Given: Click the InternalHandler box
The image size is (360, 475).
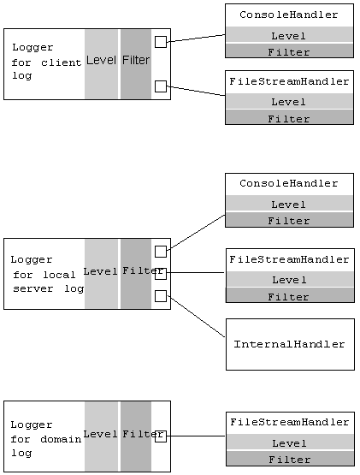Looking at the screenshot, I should coord(290,344).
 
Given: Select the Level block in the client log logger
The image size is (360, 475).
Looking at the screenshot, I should coord(101,63).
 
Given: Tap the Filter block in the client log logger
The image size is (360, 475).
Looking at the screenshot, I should coord(135,63).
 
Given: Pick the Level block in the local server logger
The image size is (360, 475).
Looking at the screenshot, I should coord(101,273).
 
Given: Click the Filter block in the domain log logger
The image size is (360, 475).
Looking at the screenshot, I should coord(135,436).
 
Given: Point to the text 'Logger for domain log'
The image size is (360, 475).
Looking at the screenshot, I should coord(44,438).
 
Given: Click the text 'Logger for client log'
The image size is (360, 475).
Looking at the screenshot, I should coord(45,62).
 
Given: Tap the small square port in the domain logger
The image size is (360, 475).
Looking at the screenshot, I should coord(161,436).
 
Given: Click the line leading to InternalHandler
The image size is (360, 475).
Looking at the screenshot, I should coord(197,316).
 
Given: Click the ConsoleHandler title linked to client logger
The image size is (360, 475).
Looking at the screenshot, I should coord(289,15).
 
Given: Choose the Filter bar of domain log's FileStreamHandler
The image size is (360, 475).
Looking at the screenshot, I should coord(289,460).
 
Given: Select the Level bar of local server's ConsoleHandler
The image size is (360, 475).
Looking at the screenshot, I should coord(289,205).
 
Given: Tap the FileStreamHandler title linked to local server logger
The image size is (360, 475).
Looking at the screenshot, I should coord(290,259).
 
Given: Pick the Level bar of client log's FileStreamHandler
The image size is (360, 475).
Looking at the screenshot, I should coord(289,102).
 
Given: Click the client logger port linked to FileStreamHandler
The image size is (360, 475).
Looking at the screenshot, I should coord(161,86).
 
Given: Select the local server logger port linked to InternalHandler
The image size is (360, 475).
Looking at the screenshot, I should coord(161,295).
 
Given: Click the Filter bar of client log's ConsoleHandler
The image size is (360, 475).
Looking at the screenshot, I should coord(289,52).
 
